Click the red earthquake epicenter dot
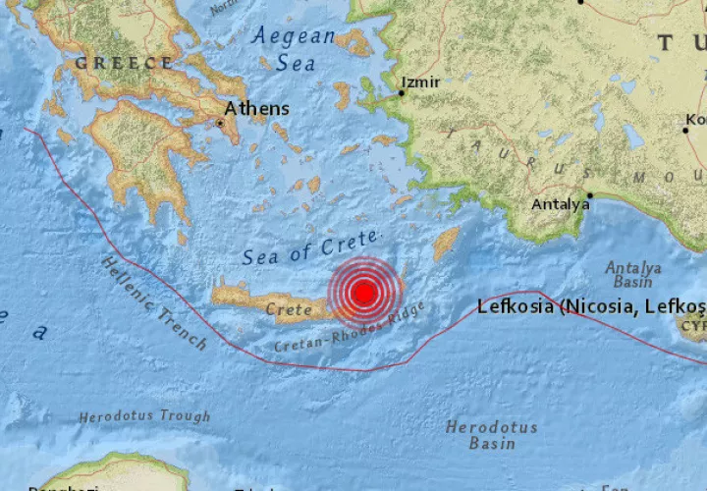364,292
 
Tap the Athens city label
256,109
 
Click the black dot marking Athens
220,124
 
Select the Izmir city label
421,82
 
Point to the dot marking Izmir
402,94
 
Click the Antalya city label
560,205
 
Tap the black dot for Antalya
589,194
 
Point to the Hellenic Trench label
153,302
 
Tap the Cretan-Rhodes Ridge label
350,330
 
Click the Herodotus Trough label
144,416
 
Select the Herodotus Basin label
491,435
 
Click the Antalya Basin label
632,276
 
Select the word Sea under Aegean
295,64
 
